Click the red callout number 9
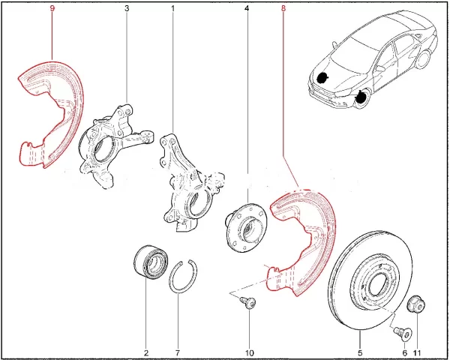pos(52,8)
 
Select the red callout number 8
pos(283,8)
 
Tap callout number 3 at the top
pos(127,8)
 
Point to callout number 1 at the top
pos(172,8)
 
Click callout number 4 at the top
pos(247,8)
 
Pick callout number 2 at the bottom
pos(146,352)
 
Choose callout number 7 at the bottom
pos(178,352)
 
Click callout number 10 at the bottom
pos(250,352)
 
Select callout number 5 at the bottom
pos(360,352)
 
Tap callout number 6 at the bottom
pos(405,352)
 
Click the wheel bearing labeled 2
pos(151,261)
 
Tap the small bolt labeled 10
pos(248,302)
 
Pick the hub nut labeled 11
pos(416,304)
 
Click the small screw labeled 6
pos(403,334)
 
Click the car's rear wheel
pos(423,60)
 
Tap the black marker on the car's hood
pos(322,77)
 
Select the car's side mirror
pos(380,68)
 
